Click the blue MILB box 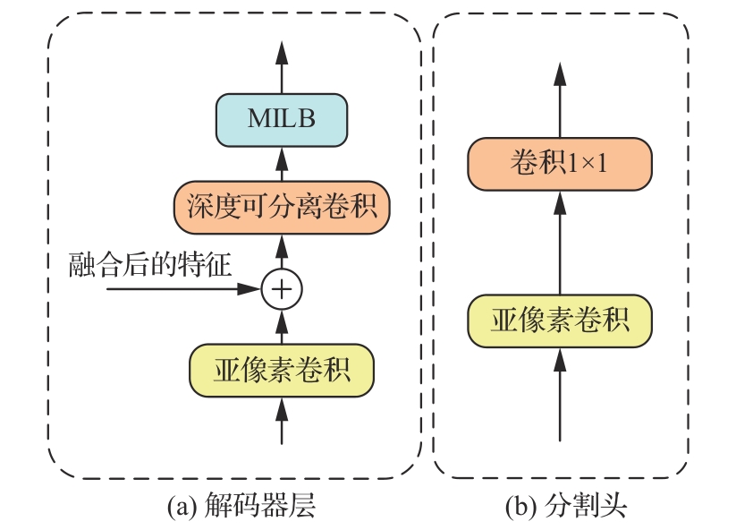[x=282, y=120]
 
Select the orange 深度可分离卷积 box [x=282, y=207]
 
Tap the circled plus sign [x=283, y=289]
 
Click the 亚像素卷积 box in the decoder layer [x=282, y=371]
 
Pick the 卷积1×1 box [x=560, y=164]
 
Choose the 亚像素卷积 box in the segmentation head [x=560, y=320]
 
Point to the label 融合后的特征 [x=151, y=266]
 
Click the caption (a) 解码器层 [x=242, y=508]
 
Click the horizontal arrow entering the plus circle [x=179, y=289]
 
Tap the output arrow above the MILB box [x=283, y=67]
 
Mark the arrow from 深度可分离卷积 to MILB [x=283, y=164]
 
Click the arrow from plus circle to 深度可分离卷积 [x=283, y=250]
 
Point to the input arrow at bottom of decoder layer [x=283, y=421]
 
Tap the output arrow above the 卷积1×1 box [x=560, y=98]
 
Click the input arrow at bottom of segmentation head [x=560, y=394]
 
